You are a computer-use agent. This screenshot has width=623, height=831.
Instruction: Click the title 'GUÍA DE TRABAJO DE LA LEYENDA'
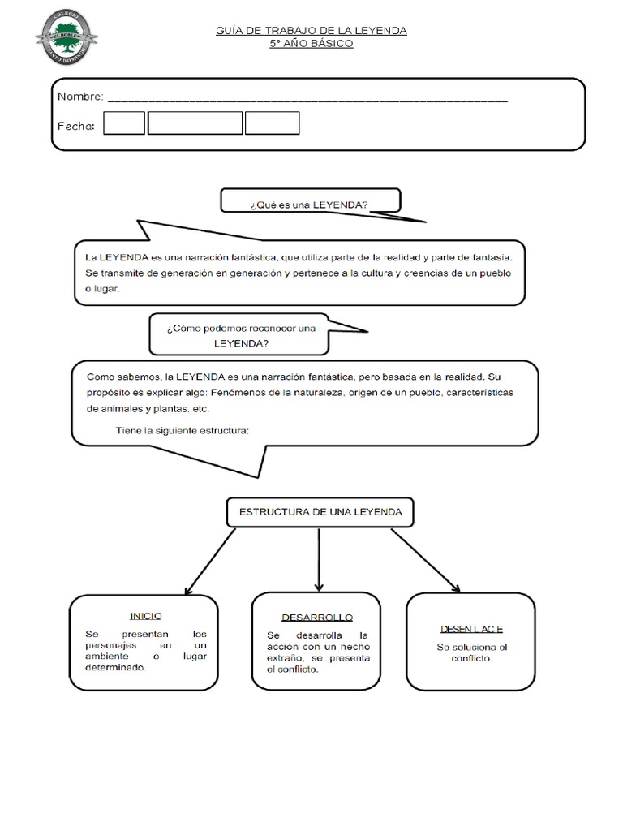tap(311, 31)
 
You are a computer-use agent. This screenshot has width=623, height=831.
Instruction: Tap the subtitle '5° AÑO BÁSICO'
tap(311, 44)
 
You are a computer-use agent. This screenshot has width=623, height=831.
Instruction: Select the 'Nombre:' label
tap(80, 97)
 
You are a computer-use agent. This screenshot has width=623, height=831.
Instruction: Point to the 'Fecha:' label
tap(76, 126)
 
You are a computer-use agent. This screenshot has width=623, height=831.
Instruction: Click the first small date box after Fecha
tap(124, 123)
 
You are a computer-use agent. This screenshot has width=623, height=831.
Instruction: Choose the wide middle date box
tap(195, 123)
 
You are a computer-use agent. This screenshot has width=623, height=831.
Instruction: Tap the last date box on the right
tap(272, 123)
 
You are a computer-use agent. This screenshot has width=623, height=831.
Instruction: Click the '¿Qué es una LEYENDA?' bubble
tap(309, 205)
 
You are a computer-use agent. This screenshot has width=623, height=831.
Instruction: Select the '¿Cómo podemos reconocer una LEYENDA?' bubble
tap(240, 335)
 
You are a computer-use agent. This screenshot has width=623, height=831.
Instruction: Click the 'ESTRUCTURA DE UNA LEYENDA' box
tap(319, 513)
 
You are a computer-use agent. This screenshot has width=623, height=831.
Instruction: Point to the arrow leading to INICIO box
tap(211, 561)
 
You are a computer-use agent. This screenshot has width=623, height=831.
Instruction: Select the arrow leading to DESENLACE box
tap(425, 558)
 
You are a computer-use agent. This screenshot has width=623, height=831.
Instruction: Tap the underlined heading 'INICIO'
tap(146, 616)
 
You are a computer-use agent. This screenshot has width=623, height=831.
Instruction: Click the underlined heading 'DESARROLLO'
tap(317, 618)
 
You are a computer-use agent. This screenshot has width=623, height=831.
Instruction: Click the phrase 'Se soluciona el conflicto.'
tap(471, 652)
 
